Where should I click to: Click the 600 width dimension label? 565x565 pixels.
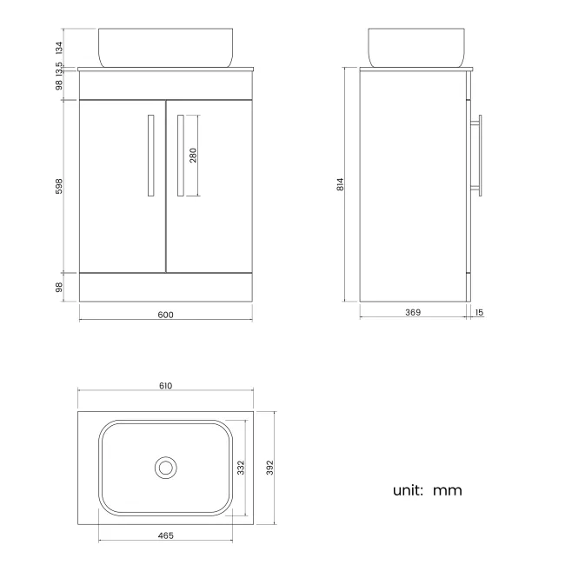pos(166,315)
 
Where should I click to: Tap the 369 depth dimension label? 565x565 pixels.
pos(413,312)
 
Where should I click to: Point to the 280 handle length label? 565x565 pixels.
pos(194,156)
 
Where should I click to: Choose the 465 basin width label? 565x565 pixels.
pos(166,535)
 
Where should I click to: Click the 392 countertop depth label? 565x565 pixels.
pos(270,468)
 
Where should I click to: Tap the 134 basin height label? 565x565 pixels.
pos(60,46)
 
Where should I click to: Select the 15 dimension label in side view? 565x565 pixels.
pos(478,312)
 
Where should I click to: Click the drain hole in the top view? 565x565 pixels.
pos(165,468)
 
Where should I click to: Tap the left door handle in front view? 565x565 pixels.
pos(150,155)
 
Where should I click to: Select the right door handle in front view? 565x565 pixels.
pos(180,155)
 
